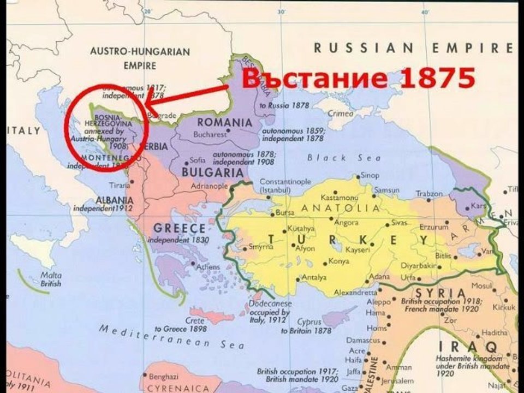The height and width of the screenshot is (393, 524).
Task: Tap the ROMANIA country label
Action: tap(225, 122)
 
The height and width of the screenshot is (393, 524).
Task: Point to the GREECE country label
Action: tap(179, 228)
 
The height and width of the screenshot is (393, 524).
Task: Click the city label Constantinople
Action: tap(285, 181)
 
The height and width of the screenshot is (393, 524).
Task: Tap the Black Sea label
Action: tap(334, 158)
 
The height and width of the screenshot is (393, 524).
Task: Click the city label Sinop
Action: tap(370, 176)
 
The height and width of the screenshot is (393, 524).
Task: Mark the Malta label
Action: tap(51, 276)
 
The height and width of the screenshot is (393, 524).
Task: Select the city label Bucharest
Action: tap(211, 133)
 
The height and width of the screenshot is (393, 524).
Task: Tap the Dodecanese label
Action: tap(270, 303)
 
